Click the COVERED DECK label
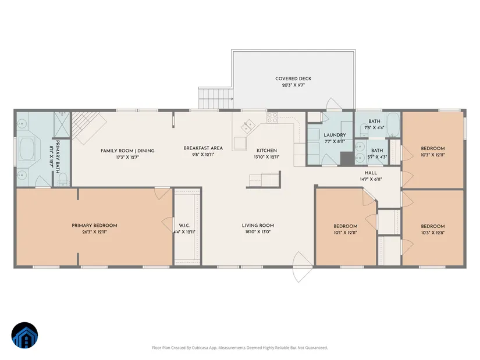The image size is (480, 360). point(293,79)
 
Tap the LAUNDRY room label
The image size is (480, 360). point(335,135)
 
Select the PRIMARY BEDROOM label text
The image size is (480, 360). point(94,226)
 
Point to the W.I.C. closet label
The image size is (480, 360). point(184,226)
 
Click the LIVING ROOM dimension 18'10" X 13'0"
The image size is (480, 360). point(258,232)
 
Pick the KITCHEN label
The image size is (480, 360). point(266,151)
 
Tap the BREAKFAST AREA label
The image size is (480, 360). point(203,148)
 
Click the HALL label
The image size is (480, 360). point(371,173)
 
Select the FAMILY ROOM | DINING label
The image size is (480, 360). point(127,151)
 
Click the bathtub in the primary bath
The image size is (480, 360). point(28,149)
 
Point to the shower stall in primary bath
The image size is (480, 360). point(62,124)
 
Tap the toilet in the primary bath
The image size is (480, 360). point(63,179)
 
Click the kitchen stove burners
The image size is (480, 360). point(272,117)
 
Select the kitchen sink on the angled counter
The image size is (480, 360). point(248,126)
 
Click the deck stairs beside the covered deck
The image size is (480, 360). point(216,98)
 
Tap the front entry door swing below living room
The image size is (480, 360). point(303,267)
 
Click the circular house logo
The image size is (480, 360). point(24,335)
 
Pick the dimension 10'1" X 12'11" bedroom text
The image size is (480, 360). point(345,233)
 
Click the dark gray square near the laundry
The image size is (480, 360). point(347,159)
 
